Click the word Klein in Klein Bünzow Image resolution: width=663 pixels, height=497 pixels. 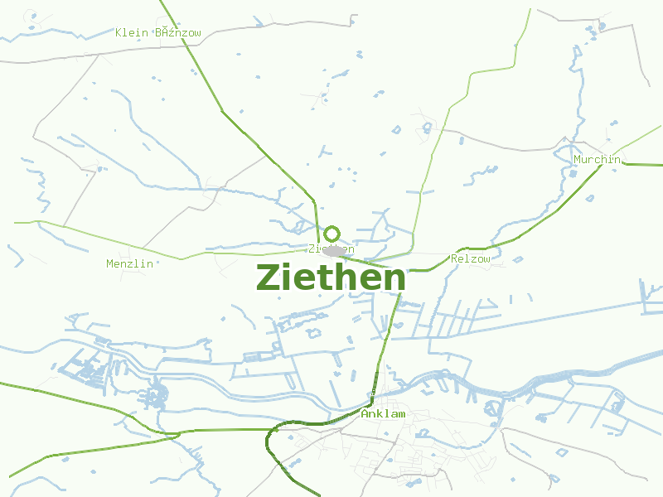click(x=131, y=33)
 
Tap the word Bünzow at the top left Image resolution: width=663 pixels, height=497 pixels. click(x=178, y=33)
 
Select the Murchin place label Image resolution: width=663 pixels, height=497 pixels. click(x=597, y=159)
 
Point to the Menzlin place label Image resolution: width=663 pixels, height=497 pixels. click(x=130, y=263)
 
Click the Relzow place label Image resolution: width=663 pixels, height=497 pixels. click(x=471, y=259)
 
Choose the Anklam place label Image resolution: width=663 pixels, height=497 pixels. click(x=383, y=413)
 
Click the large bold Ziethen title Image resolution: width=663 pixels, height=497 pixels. click(x=331, y=277)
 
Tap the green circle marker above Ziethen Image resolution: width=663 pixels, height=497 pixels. click(x=332, y=234)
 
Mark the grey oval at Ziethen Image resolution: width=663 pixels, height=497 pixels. click(x=335, y=250)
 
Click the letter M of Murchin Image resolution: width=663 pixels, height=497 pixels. click(x=578, y=159)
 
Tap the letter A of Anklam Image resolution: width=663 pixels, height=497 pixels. click(x=365, y=413)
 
